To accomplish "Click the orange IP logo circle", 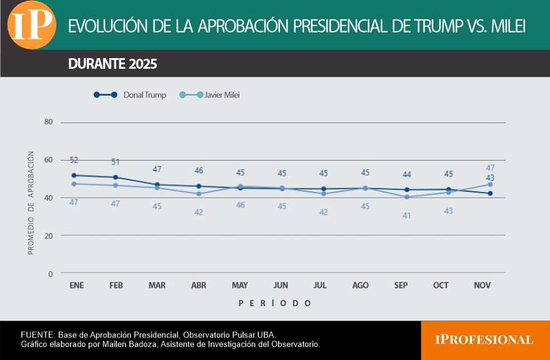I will (32, 24).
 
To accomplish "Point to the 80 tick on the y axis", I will (48, 122).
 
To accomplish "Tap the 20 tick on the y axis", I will (48, 236).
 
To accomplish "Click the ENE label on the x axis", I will (76, 286).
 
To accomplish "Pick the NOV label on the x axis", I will (482, 286).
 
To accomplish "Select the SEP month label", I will (401, 286).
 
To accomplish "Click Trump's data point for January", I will (74, 175).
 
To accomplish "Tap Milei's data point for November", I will (491, 184).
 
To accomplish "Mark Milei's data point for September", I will (407, 197).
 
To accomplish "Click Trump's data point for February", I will (116, 177).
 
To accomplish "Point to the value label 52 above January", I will (74, 161).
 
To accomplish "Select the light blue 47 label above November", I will (491, 168).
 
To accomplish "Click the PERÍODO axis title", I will (274, 303).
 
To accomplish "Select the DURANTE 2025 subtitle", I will (112, 64).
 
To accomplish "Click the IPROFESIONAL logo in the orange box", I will (484, 340).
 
